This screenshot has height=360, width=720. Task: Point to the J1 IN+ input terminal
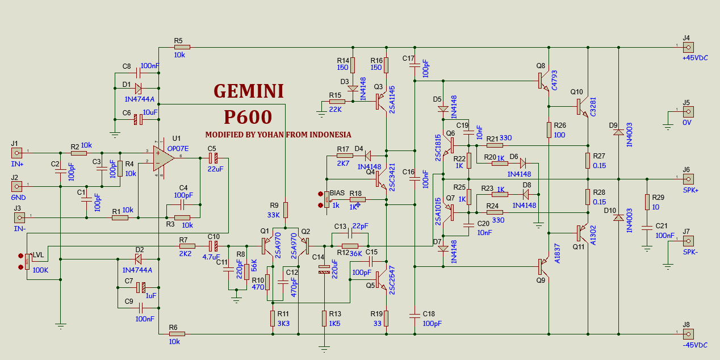click(x=17, y=153)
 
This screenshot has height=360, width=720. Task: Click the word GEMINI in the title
click(x=249, y=91)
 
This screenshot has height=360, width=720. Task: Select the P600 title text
click(x=248, y=117)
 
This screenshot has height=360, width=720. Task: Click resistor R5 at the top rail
click(x=182, y=48)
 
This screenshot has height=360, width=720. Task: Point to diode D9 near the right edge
click(x=618, y=132)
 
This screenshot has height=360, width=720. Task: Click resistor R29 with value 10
click(x=647, y=202)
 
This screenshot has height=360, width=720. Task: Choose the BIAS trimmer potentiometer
click(x=326, y=199)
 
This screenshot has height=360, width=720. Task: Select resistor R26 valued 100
click(x=549, y=129)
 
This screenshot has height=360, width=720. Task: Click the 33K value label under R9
click(x=274, y=215)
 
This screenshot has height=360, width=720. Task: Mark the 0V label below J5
click(x=686, y=123)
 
